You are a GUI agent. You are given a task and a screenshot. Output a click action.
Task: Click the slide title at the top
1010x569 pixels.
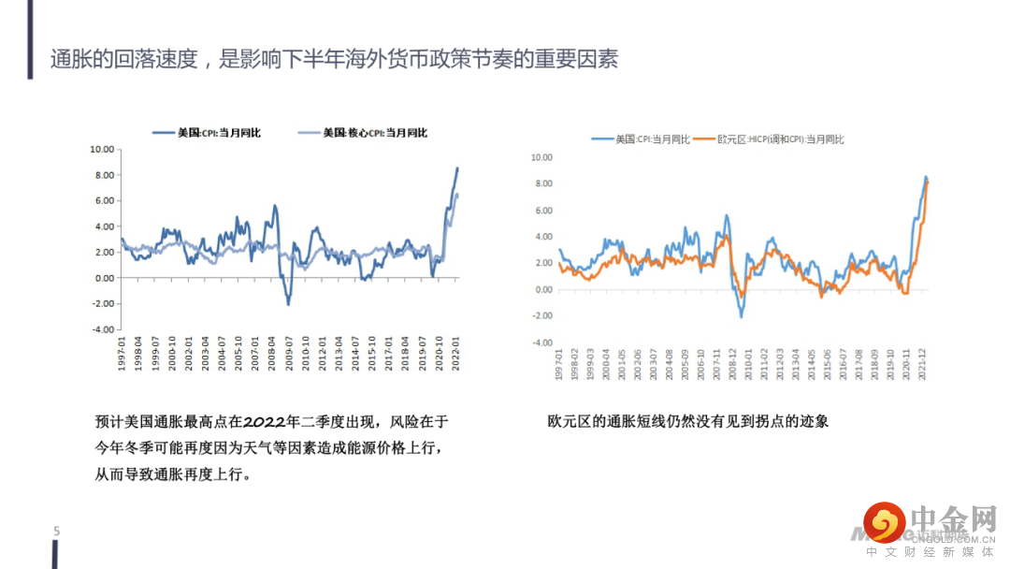[x=334, y=60]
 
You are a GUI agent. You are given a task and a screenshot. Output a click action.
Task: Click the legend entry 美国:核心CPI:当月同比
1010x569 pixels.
[x=374, y=133]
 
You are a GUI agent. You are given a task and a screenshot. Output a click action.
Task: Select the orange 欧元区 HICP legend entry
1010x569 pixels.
[x=780, y=139]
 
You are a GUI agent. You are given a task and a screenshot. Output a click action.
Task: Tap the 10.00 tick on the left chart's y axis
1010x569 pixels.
[x=102, y=149]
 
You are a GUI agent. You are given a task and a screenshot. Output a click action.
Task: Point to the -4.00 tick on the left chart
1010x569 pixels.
[x=102, y=329]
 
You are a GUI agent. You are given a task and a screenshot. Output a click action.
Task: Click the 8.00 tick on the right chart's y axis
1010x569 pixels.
[x=543, y=183]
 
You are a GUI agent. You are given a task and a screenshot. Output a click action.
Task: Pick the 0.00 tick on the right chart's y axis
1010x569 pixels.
[x=543, y=289]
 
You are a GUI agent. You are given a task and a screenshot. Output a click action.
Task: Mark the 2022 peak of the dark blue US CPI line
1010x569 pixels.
[x=457, y=168]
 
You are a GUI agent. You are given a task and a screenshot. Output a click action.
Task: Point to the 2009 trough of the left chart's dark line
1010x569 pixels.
[x=288, y=304]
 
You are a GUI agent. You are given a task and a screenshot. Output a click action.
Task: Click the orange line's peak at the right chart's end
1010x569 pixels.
[x=927, y=181]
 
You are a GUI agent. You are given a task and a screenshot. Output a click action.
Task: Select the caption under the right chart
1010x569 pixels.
[x=687, y=422]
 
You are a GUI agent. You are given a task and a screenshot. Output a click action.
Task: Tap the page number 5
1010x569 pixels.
[x=56, y=532]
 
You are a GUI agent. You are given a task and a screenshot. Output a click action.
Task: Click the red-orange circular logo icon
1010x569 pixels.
[x=884, y=522]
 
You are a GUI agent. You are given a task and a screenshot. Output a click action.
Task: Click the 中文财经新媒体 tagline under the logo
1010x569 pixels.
[x=931, y=553]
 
